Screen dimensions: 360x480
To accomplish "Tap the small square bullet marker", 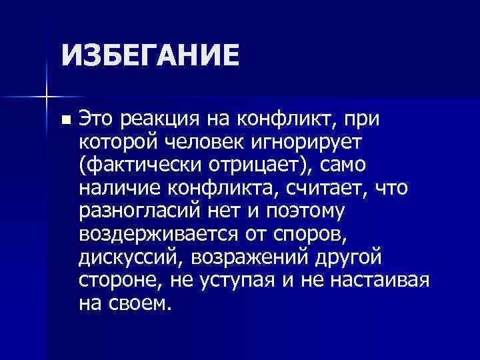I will pyautogui.click(x=65, y=121).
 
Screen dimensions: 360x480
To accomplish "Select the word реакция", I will pyautogui.click(x=160, y=120).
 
